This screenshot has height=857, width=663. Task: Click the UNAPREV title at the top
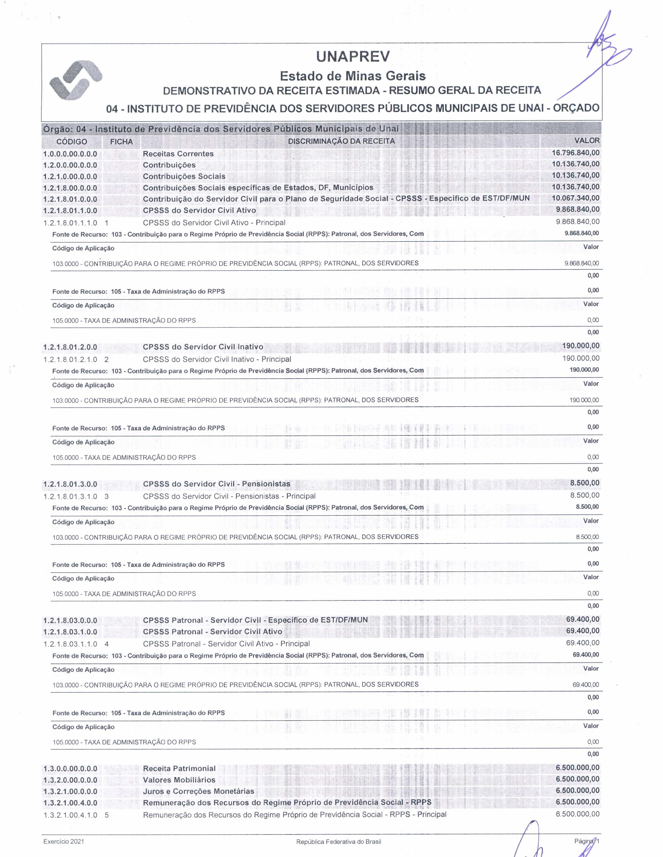[x=353, y=57]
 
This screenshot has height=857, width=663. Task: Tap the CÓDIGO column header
[x=71, y=142]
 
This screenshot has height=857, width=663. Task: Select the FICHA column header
[x=121, y=142]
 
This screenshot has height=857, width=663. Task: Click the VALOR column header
[x=587, y=140]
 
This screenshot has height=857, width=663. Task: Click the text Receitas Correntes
[x=178, y=154]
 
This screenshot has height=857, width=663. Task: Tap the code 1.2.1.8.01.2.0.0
[x=70, y=347]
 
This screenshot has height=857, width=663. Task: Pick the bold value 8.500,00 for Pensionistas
[x=585, y=483]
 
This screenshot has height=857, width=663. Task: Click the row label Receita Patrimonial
[x=179, y=768]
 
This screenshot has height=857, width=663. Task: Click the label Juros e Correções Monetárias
[x=198, y=791]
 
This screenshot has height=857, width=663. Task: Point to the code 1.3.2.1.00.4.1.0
[x=70, y=815]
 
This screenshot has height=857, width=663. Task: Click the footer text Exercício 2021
[x=64, y=841]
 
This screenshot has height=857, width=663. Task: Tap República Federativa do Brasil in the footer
[x=339, y=842]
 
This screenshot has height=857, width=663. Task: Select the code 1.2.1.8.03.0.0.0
[x=70, y=620]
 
